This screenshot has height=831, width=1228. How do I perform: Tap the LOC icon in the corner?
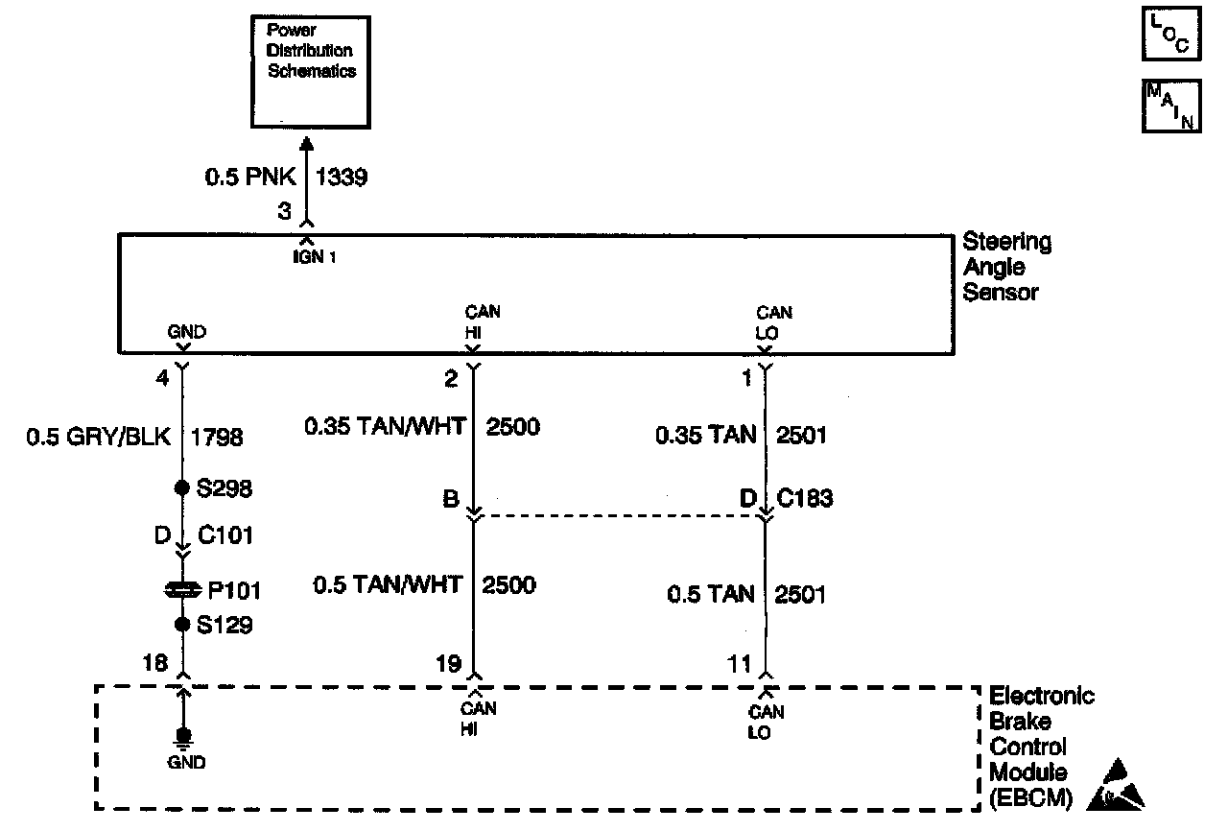pos(1171,36)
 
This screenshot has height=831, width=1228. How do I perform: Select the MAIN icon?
pos(1171,106)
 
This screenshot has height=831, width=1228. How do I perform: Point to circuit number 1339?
pos(342,178)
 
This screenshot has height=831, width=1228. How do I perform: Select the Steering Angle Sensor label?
pos(1006,267)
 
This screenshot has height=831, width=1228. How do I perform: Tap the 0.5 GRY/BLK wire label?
pos(97,438)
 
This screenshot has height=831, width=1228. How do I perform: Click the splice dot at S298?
pos(181,487)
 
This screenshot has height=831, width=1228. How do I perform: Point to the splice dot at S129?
pos(181,625)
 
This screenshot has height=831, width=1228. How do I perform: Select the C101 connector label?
pos(225,534)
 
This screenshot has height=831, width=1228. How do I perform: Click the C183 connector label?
pos(806,498)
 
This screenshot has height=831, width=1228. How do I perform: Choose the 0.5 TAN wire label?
pos(710,594)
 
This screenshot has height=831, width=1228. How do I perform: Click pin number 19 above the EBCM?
pos(447,663)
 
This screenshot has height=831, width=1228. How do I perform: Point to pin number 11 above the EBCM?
pos(739,663)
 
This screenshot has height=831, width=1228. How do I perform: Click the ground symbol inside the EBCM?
pos(181,737)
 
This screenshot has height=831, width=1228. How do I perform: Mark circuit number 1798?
pos(218,438)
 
